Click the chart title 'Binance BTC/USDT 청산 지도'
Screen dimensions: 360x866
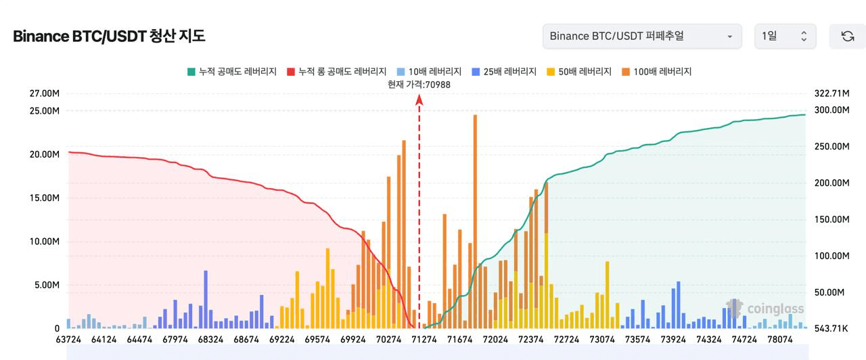click(109, 37)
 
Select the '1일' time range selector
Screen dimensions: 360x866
click(785, 36)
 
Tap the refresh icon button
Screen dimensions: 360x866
click(847, 36)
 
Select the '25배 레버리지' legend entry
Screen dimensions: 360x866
click(504, 71)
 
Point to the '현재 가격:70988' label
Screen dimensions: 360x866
click(419, 84)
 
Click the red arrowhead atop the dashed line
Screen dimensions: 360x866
click(419, 100)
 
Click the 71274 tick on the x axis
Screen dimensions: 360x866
click(424, 339)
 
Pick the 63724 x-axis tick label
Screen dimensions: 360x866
click(68, 339)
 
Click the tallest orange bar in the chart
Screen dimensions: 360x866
click(475, 217)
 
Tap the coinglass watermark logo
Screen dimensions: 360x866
click(765, 309)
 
